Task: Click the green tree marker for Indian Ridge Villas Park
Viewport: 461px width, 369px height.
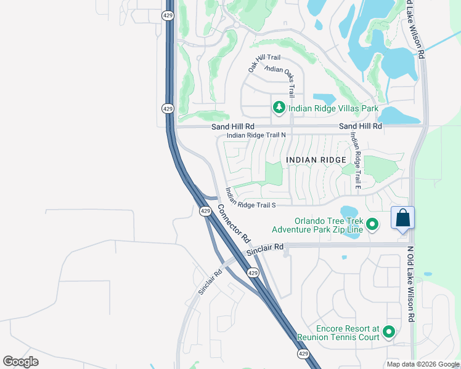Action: pyautogui.click(x=279, y=108)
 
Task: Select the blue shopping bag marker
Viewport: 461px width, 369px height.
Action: pyautogui.click(x=402, y=218)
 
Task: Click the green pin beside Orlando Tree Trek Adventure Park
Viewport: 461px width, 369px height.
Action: pyautogui.click(x=372, y=224)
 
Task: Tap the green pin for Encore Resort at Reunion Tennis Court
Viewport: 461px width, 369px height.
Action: pyautogui.click(x=388, y=331)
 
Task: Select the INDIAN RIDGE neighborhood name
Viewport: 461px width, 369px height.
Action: pyautogui.click(x=316, y=160)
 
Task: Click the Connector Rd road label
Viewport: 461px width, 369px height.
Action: pyautogui.click(x=234, y=223)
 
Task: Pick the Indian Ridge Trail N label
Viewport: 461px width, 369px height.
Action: pyautogui.click(x=256, y=135)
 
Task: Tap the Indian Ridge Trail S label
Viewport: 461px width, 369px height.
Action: pyautogui.click(x=250, y=197)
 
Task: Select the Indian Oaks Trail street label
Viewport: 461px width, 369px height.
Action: pyautogui.click(x=288, y=80)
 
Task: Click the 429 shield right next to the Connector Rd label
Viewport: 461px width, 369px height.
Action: pyautogui.click(x=206, y=211)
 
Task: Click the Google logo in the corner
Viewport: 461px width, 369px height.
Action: pyautogui.click(x=20, y=361)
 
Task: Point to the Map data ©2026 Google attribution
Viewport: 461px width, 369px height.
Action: pyautogui.click(x=422, y=364)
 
